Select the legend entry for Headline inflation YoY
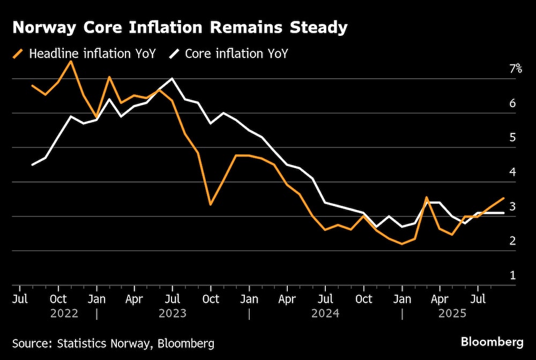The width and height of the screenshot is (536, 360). [x=85, y=54]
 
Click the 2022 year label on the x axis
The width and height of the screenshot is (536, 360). [x=64, y=313]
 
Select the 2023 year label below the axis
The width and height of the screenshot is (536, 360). [x=173, y=313]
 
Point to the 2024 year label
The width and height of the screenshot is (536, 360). [x=325, y=313]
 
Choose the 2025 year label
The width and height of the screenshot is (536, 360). [x=452, y=313]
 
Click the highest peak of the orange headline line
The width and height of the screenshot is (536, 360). [x=71, y=62]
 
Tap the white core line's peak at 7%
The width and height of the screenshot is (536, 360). [x=172, y=79]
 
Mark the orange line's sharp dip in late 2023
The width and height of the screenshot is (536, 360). [x=211, y=205]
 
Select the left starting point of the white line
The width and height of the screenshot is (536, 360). [x=33, y=164]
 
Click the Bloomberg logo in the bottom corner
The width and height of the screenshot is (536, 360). [x=492, y=342]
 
